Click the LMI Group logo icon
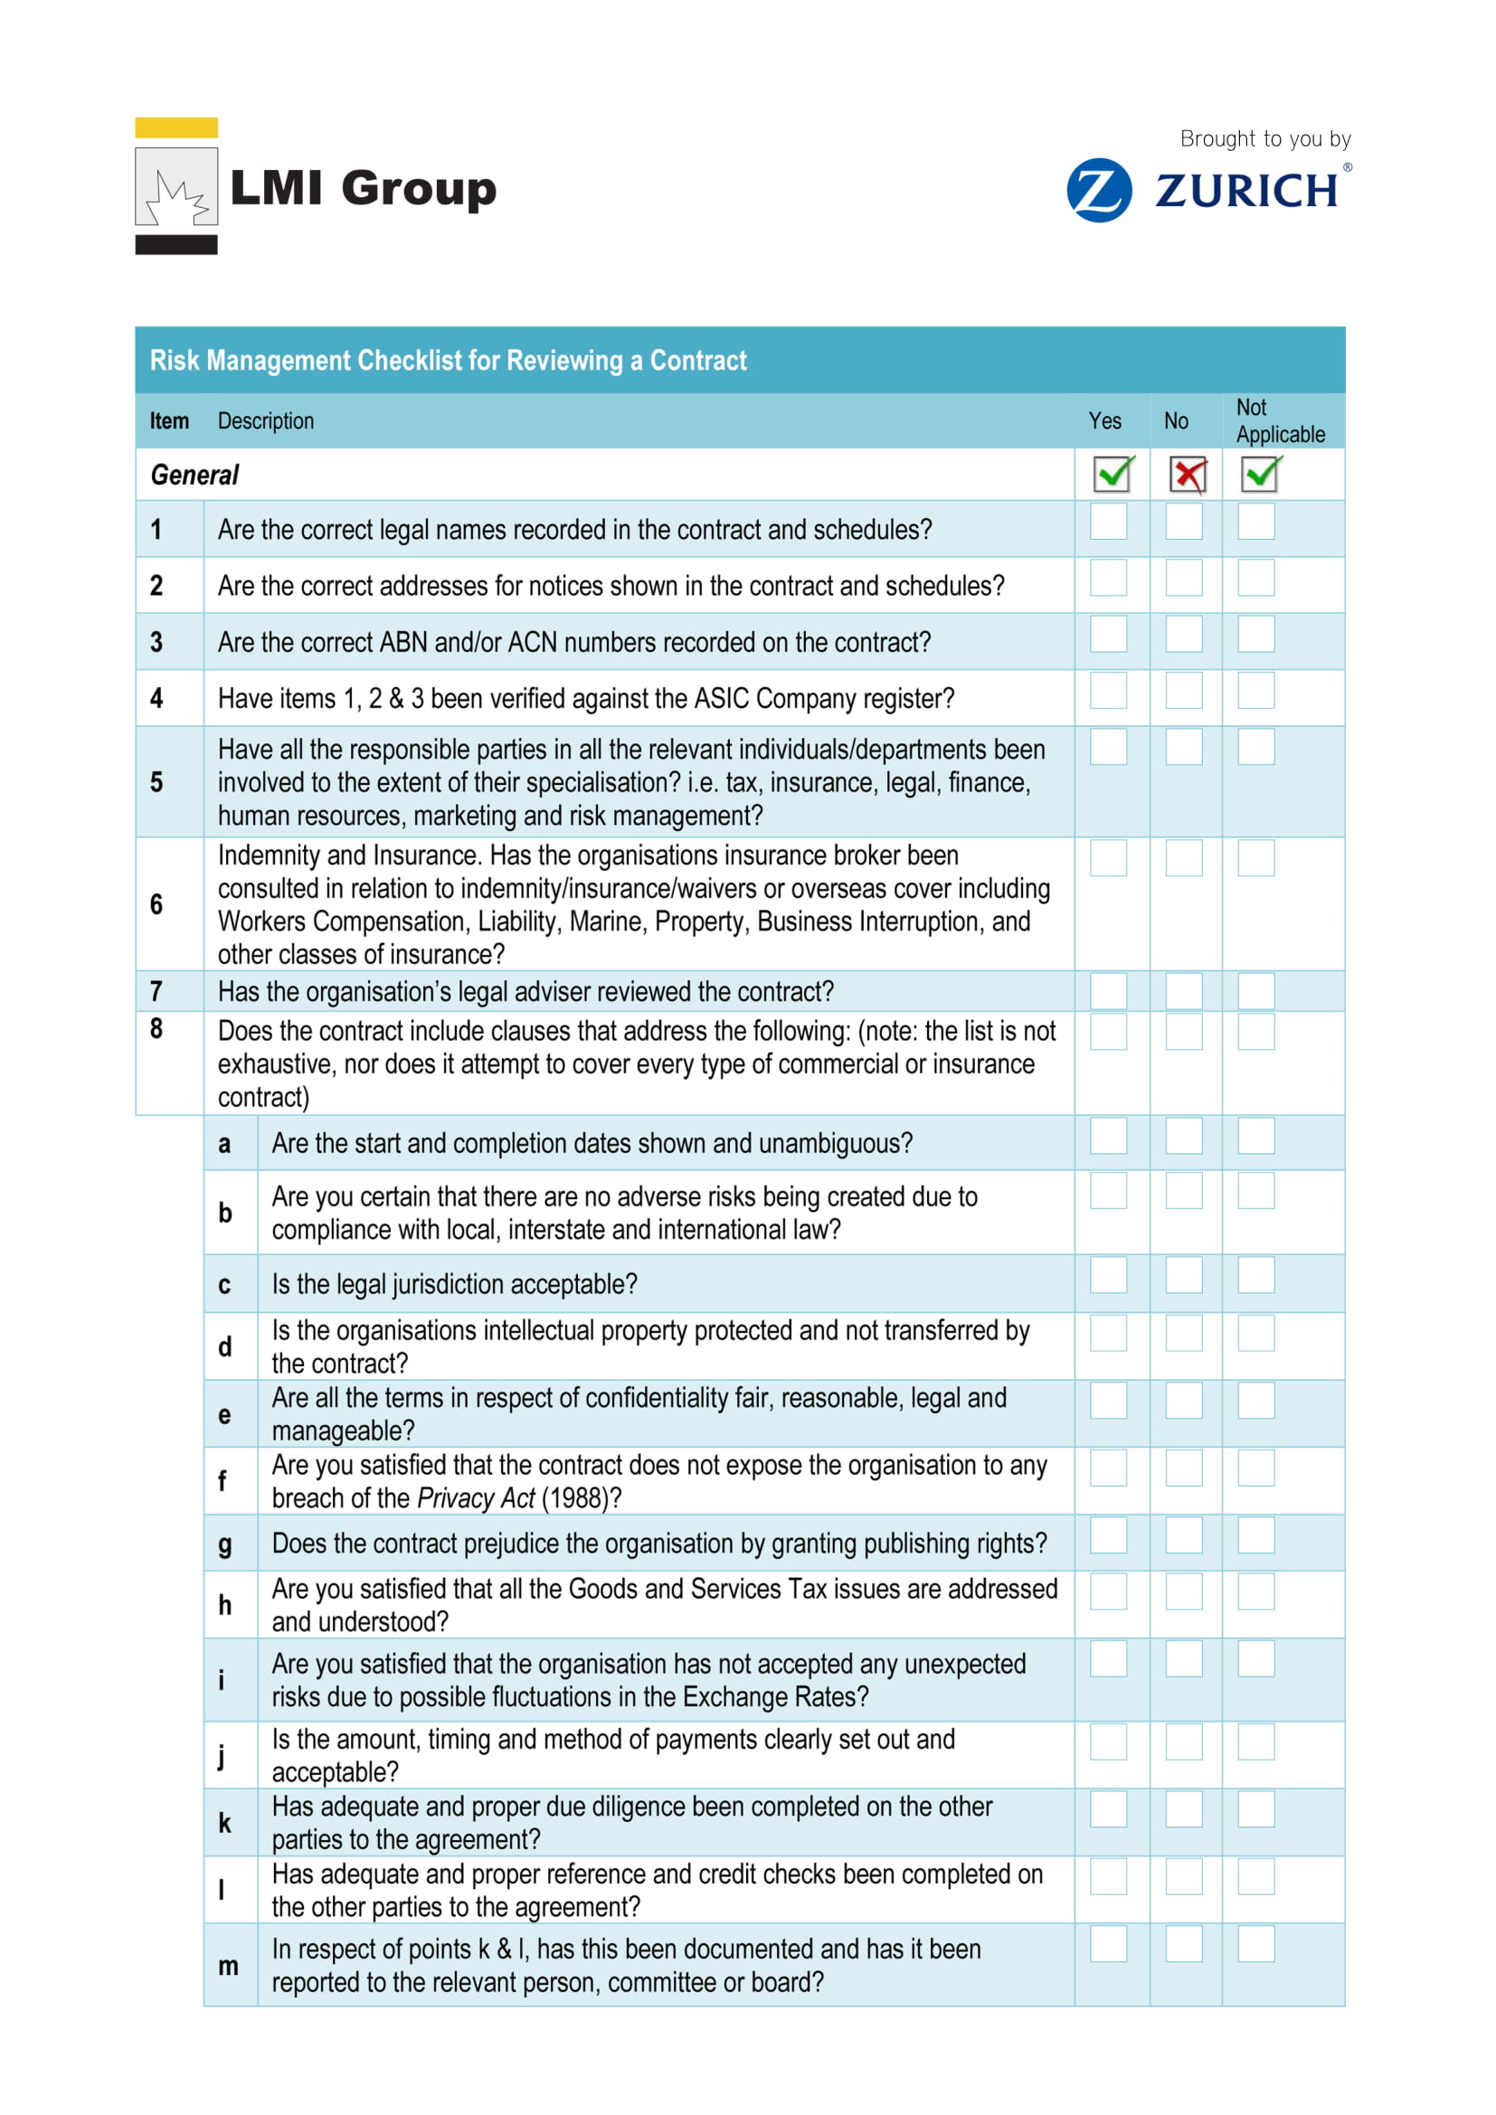[176, 187]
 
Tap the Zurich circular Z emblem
[1099, 191]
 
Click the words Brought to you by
[1264, 139]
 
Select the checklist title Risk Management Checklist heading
[448, 360]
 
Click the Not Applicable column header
[1280, 421]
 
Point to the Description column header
[265, 421]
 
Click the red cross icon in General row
[1188, 476]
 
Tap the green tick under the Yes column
[1113, 475]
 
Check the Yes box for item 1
[1108, 522]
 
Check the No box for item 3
[1184, 634]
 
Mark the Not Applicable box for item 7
[1255, 991]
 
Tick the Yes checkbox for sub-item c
[1108, 1275]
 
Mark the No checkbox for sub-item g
[1184, 1534]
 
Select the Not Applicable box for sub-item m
[1255, 1944]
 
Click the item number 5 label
[156, 782]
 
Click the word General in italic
[194, 476]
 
